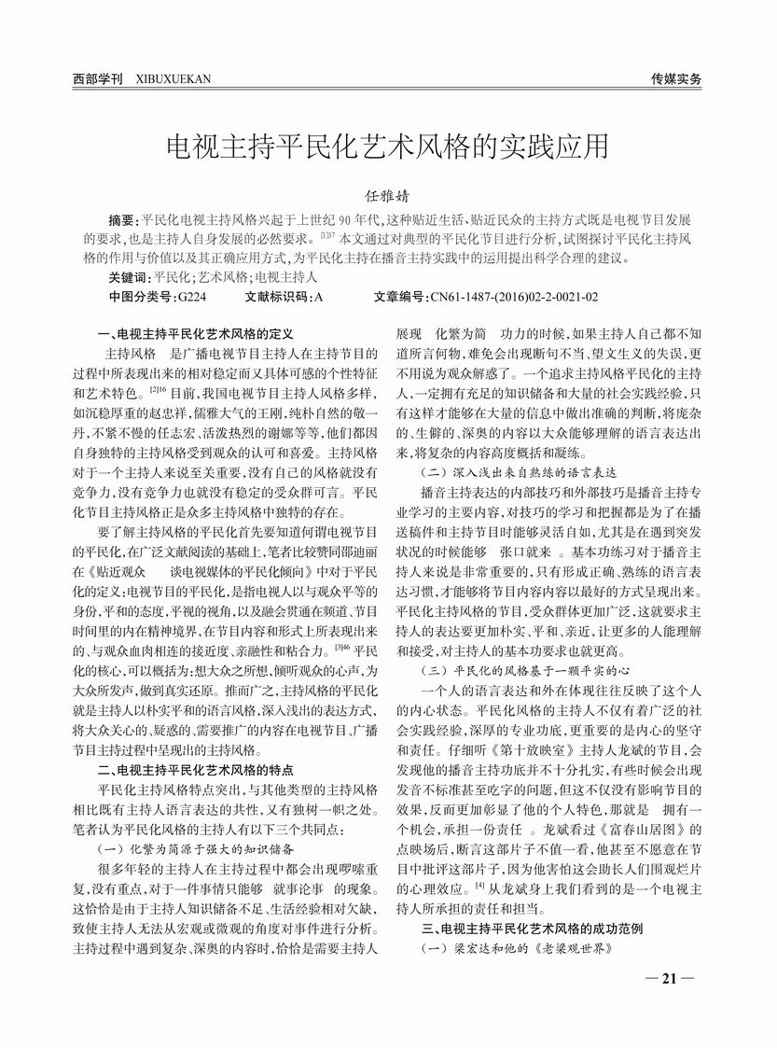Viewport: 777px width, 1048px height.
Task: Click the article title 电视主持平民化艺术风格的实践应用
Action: coord(387,147)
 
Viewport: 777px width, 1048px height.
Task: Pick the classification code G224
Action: coord(190,297)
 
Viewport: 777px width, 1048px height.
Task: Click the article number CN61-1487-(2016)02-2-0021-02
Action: coord(514,297)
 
